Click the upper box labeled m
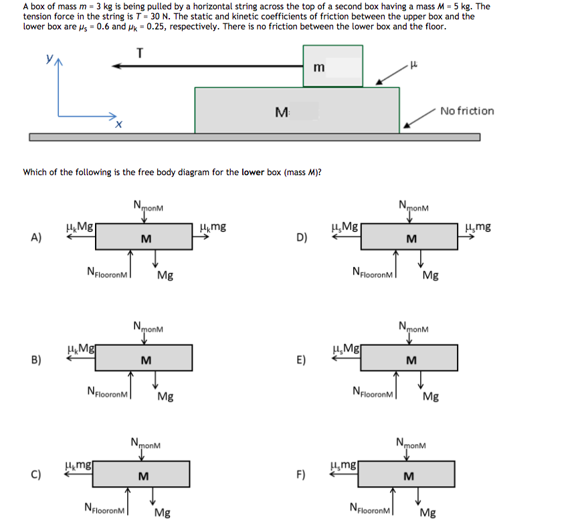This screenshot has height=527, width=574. click(332, 66)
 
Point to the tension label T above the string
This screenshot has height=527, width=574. click(139, 54)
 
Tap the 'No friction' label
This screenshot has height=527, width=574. click(467, 110)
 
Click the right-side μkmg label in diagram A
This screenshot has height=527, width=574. click(213, 227)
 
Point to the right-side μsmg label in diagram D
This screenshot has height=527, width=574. click(478, 227)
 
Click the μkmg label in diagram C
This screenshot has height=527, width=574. click(78, 465)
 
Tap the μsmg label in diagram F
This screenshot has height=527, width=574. click(343, 465)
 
